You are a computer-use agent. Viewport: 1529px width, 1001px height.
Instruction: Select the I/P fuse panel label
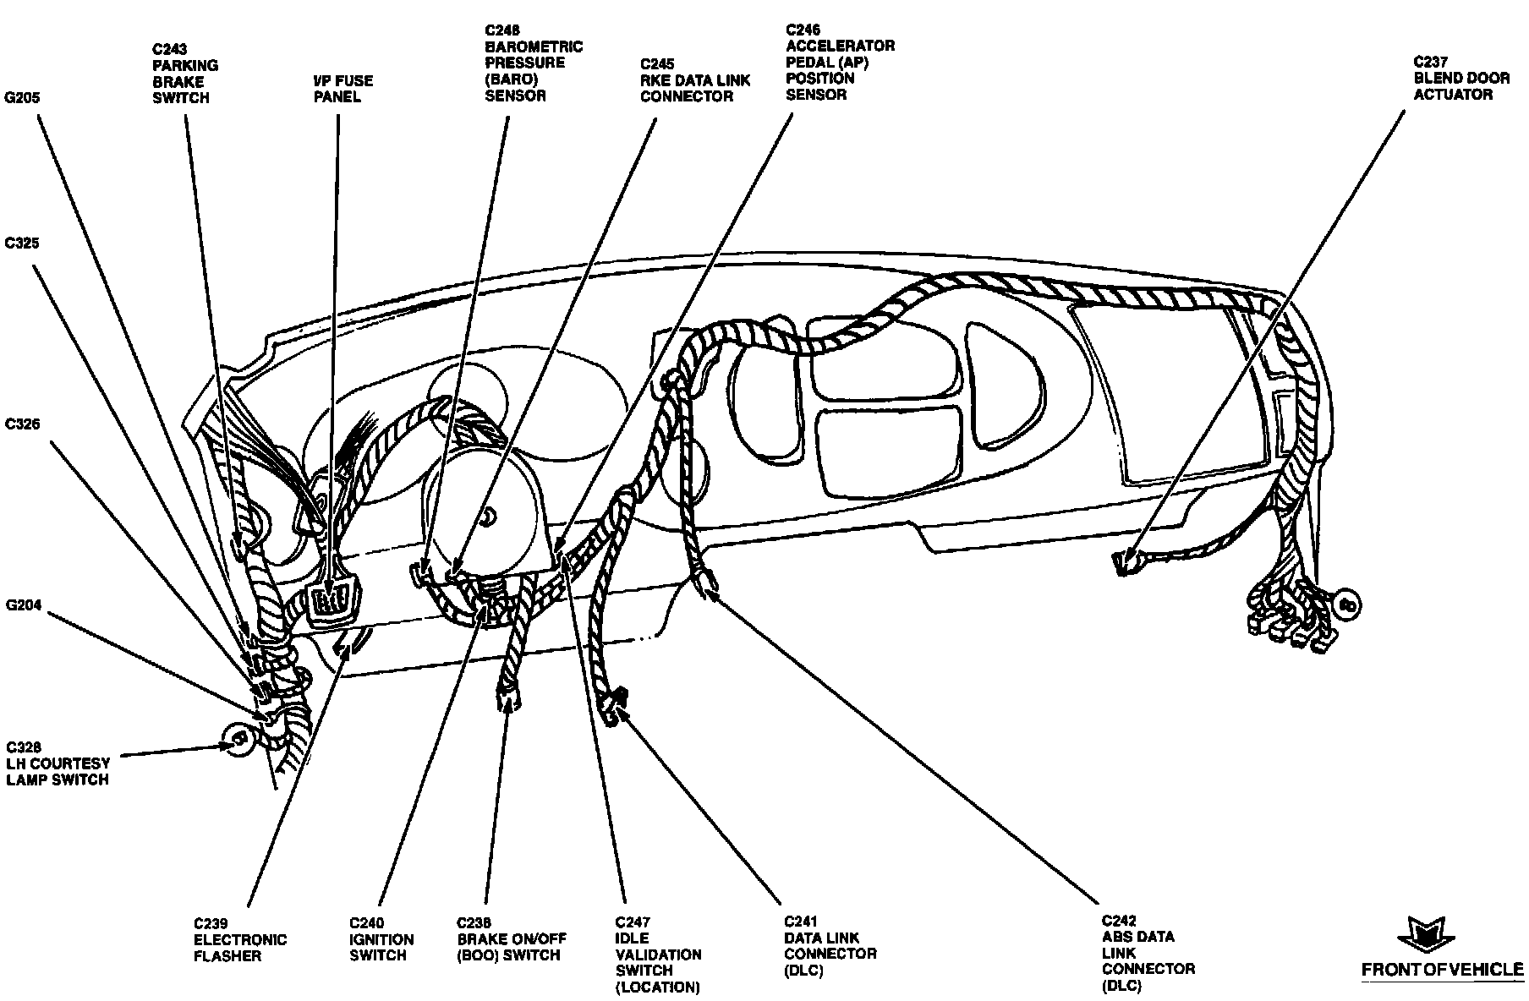click(343, 89)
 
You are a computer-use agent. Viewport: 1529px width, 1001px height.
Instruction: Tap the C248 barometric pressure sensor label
click(533, 63)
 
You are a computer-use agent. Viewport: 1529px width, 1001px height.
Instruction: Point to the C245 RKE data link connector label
click(694, 79)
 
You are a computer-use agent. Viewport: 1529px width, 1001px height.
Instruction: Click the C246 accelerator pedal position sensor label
click(839, 62)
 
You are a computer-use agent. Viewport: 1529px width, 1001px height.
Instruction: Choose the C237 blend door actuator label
click(1460, 78)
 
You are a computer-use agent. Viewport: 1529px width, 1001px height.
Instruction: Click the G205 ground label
click(23, 98)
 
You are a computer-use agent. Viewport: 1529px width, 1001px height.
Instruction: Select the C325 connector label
click(22, 244)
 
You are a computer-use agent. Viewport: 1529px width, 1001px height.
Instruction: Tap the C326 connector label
click(23, 424)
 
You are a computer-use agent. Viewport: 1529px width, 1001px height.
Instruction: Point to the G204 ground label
click(23, 605)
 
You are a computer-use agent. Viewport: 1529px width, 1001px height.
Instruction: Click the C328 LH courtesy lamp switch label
click(58, 763)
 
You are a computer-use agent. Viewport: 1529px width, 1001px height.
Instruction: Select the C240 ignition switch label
click(381, 939)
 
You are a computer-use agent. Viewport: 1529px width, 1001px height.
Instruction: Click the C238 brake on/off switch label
click(511, 939)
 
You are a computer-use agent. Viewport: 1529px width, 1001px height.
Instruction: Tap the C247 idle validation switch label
click(658, 955)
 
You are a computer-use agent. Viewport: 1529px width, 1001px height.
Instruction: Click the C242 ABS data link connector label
click(1148, 954)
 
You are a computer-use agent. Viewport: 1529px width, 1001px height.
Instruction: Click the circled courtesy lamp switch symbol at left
click(239, 740)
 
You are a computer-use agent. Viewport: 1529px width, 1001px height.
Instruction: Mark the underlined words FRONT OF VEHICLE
click(1441, 971)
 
